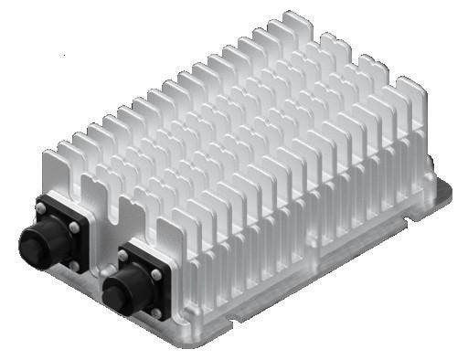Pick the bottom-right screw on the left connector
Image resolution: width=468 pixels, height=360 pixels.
click(x=73, y=265)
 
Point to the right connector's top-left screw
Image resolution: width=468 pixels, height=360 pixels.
click(x=122, y=255)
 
